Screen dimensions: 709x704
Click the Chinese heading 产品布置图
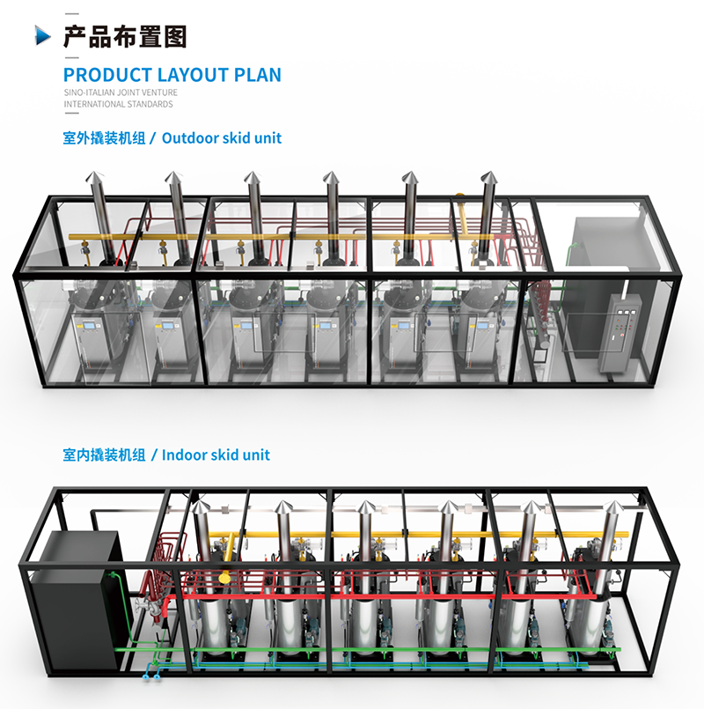[125, 36]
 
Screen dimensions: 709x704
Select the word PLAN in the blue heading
[258, 74]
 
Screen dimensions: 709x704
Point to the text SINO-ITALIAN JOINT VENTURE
[121, 92]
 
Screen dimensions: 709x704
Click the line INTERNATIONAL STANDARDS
[118, 104]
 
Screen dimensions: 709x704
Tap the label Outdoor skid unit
[222, 138]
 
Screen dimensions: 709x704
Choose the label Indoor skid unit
[216, 455]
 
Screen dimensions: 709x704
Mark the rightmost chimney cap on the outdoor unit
[488, 180]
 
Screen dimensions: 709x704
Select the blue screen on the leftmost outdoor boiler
[90, 331]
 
